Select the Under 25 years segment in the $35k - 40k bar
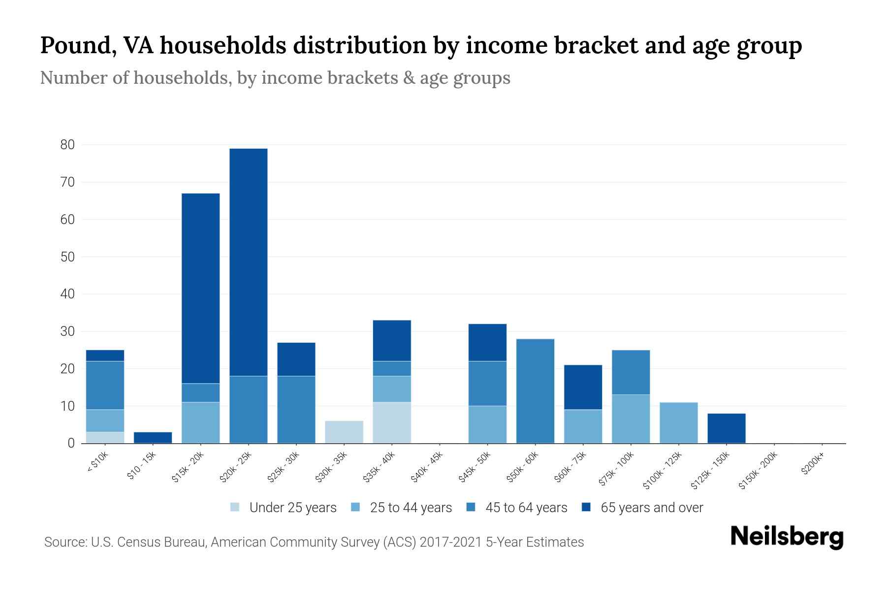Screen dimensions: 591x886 tap(392, 423)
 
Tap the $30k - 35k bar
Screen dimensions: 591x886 tap(344, 432)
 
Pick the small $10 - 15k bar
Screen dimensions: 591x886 tap(153, 437)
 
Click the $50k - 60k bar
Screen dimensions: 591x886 tap(535, 391)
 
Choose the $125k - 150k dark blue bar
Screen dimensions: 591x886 tap(727, 428)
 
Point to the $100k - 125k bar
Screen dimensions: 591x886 tap(679, 423)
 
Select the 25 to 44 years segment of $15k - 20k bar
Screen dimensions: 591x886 tap(201, 423)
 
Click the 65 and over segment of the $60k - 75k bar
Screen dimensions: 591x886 tap(583, 387)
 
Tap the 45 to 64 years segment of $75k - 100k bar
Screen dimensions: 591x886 tap(631, 372)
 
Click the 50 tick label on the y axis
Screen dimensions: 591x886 tap(67, 257)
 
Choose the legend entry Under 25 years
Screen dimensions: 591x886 tap(292, 508)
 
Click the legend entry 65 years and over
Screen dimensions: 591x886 tap(651, 508)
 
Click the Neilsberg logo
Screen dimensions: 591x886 tap(787, 537)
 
